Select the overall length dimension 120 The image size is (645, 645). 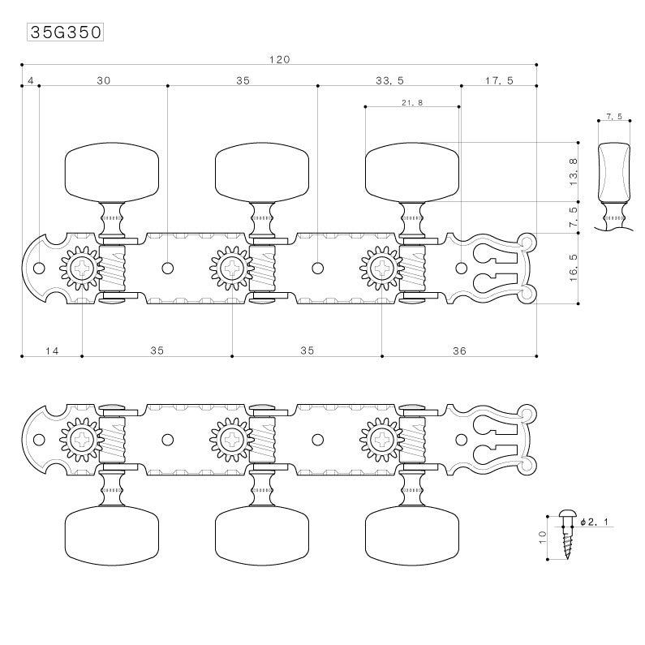(279, 59)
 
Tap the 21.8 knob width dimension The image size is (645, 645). (411, 102)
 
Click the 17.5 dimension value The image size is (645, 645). (499, 80)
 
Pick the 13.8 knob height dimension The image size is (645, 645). (574, 172)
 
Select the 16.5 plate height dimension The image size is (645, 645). (574, 269)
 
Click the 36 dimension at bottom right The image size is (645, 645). (459, 350)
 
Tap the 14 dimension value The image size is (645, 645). (52, 350)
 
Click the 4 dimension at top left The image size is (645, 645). (30, 80)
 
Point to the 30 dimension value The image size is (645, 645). (103, 80)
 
